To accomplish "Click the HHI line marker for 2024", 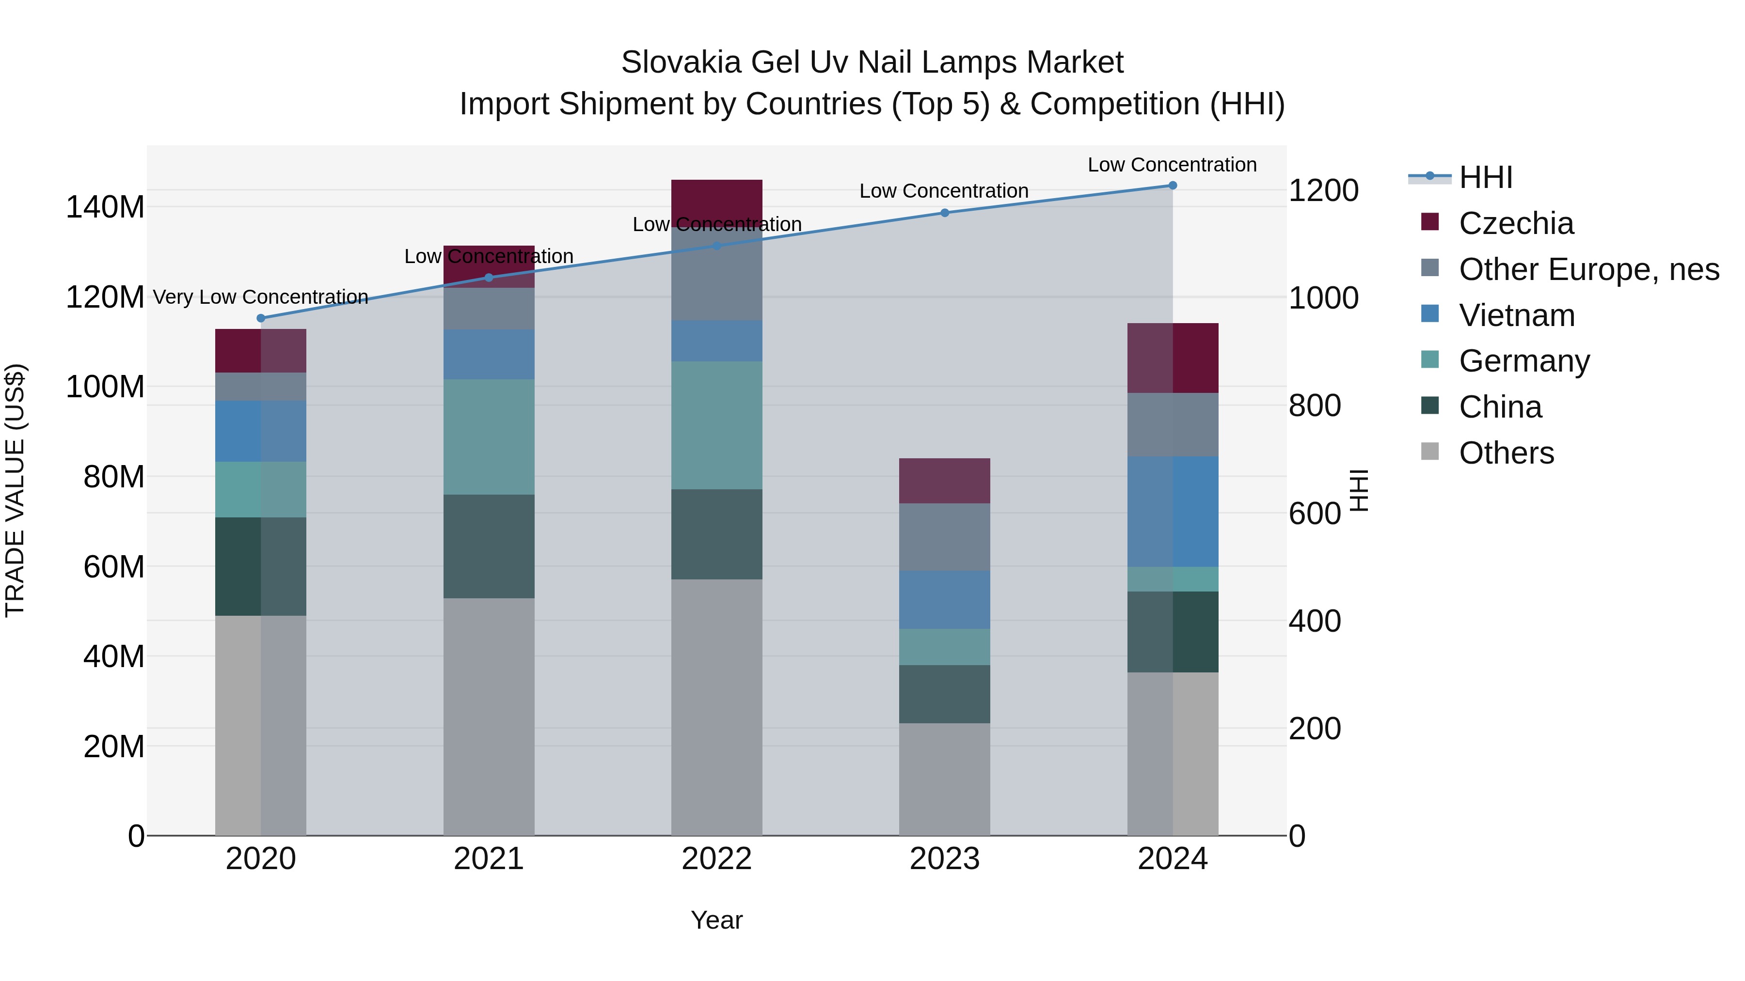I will pos(1173,186).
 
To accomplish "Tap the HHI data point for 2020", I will pos(261,318).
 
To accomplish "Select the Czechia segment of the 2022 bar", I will pos(717,199).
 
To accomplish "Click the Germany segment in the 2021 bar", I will pos(489,436).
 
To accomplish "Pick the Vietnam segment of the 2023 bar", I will pos(944,599).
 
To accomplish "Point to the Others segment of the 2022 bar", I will pos(717,707).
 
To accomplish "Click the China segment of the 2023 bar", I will pos(944,694).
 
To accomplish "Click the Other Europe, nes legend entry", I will pos(1588,269).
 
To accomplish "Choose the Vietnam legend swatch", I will pos(1430,314).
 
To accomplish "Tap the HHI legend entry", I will pos(1485,177).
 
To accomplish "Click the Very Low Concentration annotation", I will pos(261,297).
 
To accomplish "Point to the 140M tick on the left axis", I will pos(105,207).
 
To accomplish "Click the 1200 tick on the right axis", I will pos(1323,191).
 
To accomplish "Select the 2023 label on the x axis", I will pos(944,859).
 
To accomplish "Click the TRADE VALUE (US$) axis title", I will pos(15,490).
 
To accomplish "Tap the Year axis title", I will pos(717,920).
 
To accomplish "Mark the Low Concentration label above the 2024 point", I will pos(1172,165).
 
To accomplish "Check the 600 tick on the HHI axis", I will pos(1314,514).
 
